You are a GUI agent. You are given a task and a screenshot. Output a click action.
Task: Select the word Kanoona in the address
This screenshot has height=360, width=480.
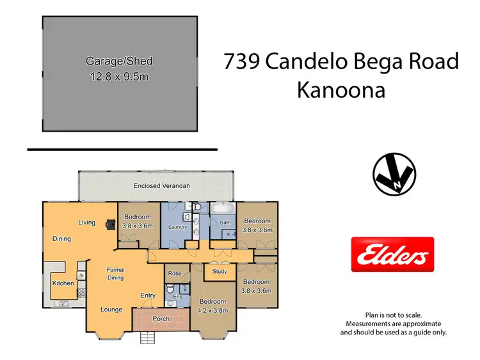point(340,90)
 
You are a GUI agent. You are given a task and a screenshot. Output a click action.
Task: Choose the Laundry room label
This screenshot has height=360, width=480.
point(177,227)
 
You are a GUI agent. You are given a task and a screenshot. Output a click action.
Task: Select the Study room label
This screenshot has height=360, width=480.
point(220,272)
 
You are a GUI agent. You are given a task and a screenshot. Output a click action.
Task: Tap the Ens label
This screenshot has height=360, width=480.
point(177,297)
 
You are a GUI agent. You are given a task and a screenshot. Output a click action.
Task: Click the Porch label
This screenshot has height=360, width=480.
point(160,318)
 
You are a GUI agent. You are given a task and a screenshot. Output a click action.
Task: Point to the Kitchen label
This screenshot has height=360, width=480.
point(63,283)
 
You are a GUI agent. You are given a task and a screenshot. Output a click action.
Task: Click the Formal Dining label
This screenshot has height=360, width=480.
point(115,274)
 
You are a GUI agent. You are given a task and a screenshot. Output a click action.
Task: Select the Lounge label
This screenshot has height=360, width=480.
point(111,310)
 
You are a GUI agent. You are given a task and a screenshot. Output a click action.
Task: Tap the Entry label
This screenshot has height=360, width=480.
point(148,295)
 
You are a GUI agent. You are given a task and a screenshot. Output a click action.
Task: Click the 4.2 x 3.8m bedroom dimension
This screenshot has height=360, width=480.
point(212,310)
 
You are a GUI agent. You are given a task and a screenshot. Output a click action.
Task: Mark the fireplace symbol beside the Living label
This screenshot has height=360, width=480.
point(111,224)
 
